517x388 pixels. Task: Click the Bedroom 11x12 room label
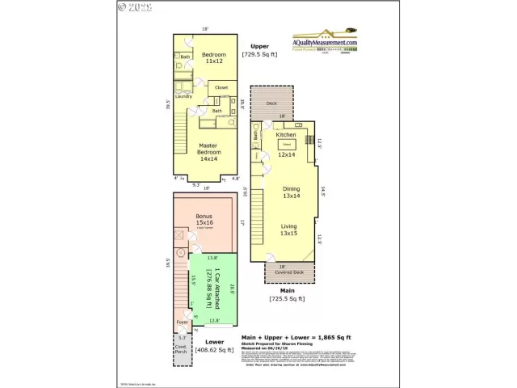(212, 58)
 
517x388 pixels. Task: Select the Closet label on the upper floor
(221, 87)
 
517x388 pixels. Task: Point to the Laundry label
(183, 95)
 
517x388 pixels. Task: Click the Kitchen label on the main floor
(286, 135)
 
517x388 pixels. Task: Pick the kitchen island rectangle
(286, 144)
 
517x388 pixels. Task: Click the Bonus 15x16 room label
(205, 220)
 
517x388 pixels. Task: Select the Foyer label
(183, 322)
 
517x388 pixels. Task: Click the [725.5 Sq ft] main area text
(287, 299)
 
